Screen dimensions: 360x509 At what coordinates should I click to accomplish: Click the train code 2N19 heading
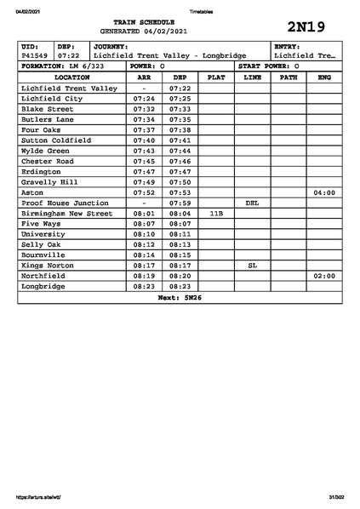point(306,25)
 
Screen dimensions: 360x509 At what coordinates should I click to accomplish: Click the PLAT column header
point(216,77)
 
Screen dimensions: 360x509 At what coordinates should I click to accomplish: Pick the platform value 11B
point(216,214)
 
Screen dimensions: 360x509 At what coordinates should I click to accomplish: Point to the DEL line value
point(252,203)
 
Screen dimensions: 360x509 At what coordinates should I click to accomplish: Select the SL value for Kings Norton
point(252,266)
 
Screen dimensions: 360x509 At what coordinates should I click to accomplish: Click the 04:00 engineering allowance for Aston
point(324,193)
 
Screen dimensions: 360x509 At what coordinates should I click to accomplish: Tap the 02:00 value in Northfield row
point(324,277)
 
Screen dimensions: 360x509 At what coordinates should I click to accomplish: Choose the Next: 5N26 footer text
point(180,298)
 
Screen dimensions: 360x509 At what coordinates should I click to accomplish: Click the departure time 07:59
point(180,203)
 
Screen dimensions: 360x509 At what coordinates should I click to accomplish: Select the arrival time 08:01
point(144,214)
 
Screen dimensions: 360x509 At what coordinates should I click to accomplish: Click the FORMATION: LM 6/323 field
point(63,66)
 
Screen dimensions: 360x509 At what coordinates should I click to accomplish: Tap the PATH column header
point(289,77)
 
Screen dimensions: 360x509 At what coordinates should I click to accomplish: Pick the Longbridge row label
point(46,287)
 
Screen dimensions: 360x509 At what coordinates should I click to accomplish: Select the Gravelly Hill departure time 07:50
point(180,182)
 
